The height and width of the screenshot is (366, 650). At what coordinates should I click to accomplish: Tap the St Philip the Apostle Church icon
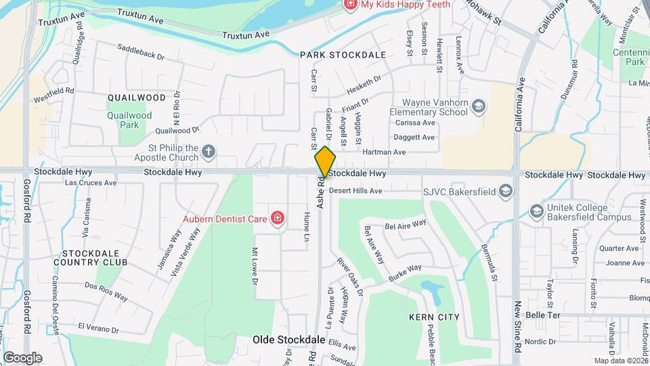(210, 152)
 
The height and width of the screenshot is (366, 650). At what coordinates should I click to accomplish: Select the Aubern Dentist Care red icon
(277, 218)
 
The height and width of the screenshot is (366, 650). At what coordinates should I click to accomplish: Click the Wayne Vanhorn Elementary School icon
(479, 106)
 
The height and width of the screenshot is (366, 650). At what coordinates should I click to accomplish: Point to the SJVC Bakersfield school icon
(505, 192)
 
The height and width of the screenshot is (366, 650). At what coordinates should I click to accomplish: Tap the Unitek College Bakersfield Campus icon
(537, 211)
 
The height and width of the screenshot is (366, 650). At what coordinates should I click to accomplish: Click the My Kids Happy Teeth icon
(350, 5)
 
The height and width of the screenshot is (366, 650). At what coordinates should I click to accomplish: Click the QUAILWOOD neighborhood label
(136, 98)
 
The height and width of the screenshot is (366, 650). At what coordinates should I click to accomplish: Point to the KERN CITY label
(434, 317)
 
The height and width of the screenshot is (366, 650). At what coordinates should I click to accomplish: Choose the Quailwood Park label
(129, 120)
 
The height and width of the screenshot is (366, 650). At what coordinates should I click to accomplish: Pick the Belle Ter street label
(543, 316)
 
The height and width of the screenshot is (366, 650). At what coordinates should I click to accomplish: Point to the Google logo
(22, 357)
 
